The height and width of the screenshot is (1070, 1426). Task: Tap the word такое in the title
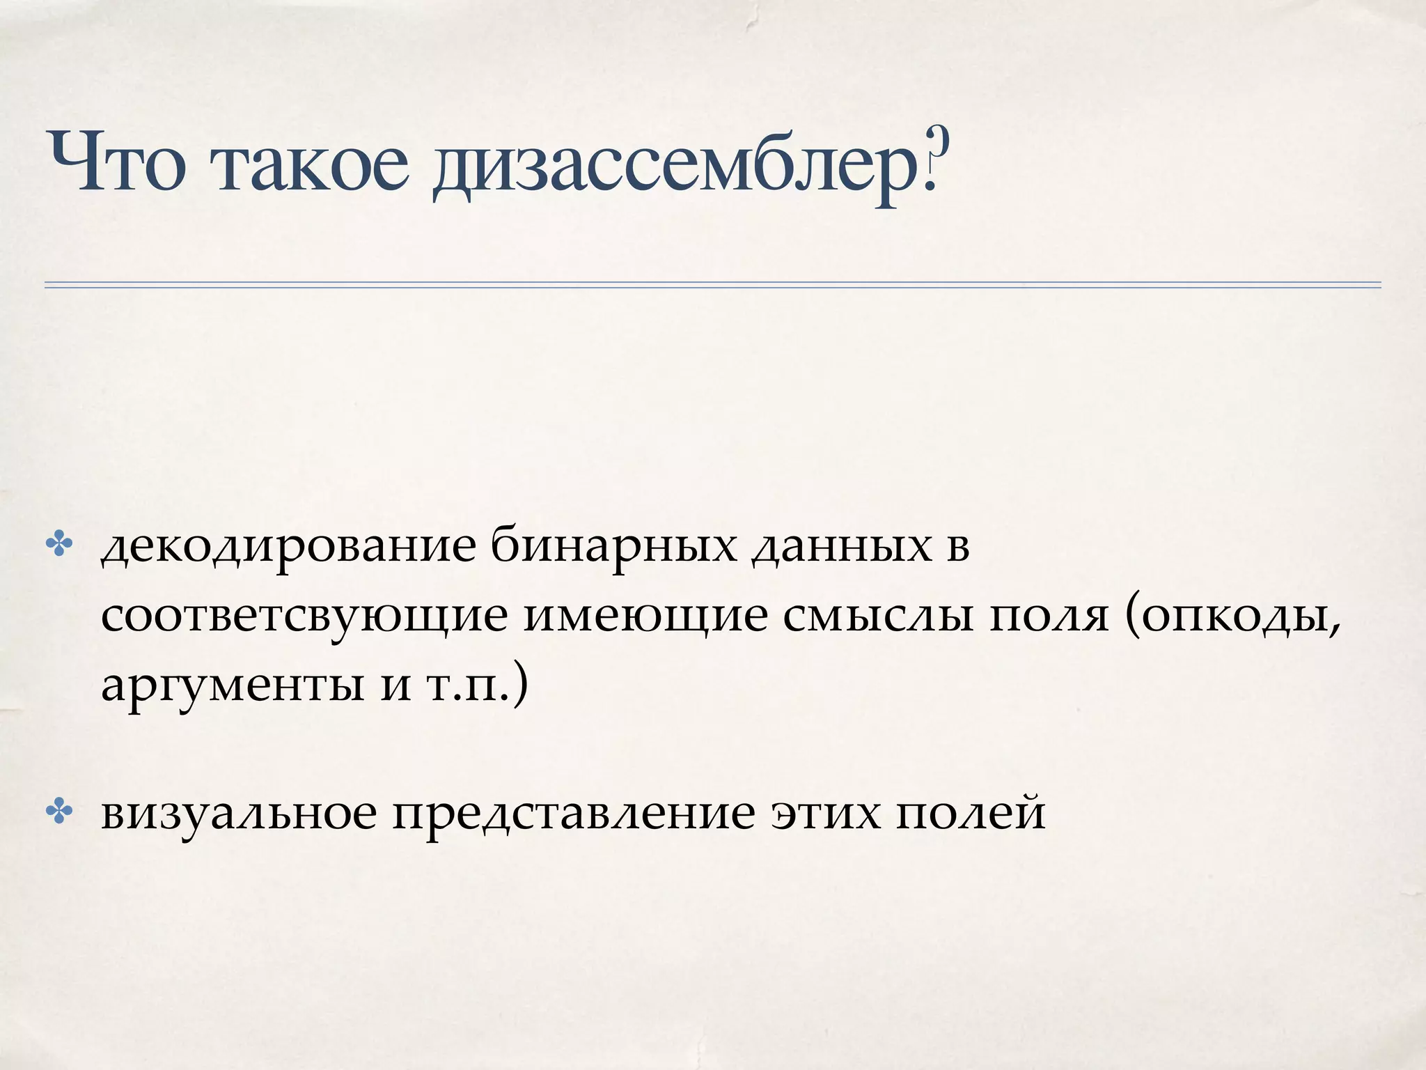click(x=310, y=166)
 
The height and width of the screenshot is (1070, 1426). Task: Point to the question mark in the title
click(x=935, y=157)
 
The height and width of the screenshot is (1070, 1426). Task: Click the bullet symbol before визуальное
click(x=58, y=813)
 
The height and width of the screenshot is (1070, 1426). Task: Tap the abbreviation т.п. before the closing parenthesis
click(x=462, y=685)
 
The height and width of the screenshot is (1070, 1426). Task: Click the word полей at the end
click(x=971, y=813)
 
